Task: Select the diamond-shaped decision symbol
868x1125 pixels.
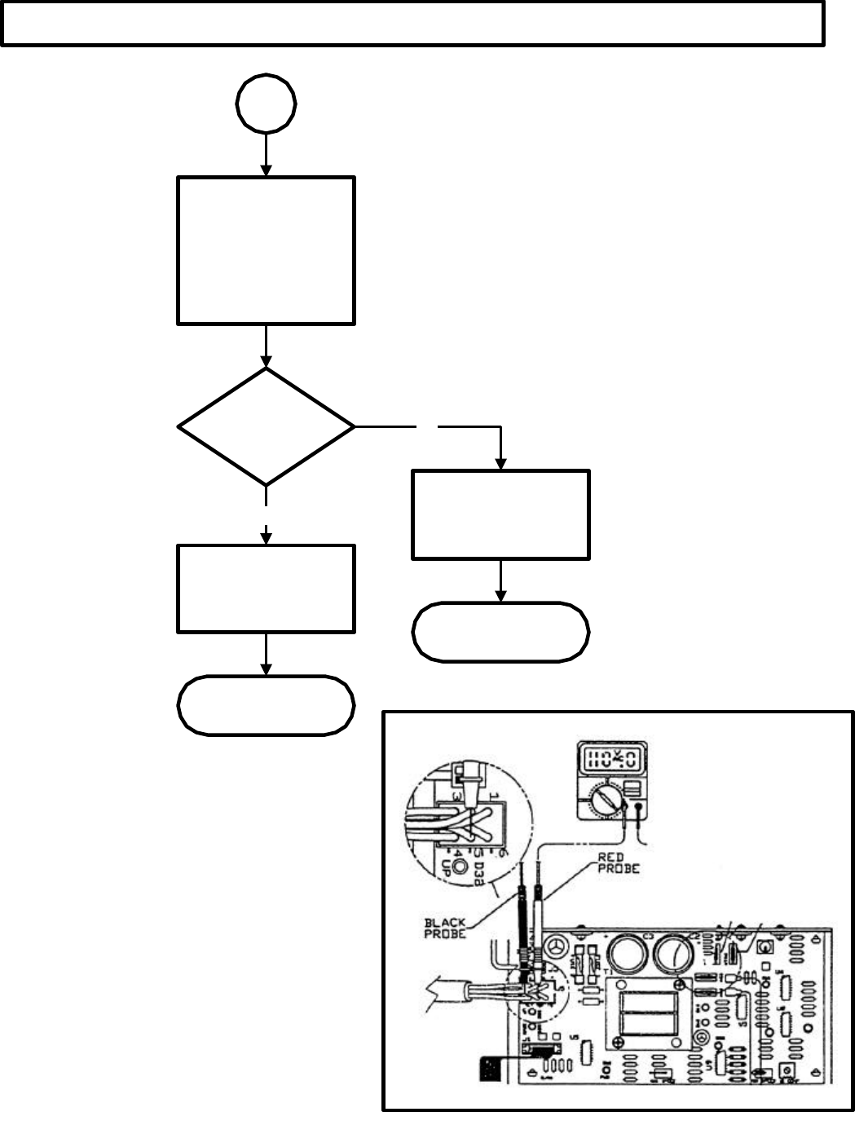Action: pyautogui.click(x=266, y=426)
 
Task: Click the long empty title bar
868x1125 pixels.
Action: pyautogui.click(x=412, y=23)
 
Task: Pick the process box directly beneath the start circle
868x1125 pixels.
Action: pyautogui.click(x=266, y=251)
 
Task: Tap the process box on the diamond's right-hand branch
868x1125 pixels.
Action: pyautogui.click(x=500, y=514)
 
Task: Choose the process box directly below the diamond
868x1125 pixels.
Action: pyautogui.click(x=266, y=589)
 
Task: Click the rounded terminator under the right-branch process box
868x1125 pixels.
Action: pyautogui.click(x=500, y=632)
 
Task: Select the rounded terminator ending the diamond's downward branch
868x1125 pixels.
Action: pyautogui.click(x=266, y=705)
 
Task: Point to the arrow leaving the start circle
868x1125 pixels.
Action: pyautogui.click(x=266, y=155)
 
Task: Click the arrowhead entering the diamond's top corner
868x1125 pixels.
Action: pyautogui.click(x=266, y=361)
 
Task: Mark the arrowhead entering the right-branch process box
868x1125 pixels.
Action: pyautogui.click(x=500, y=463)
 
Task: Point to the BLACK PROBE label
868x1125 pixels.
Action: pyautogui.click(x=445, y=928)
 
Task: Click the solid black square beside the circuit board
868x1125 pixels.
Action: pyautogui.click(x=494, y=1068)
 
